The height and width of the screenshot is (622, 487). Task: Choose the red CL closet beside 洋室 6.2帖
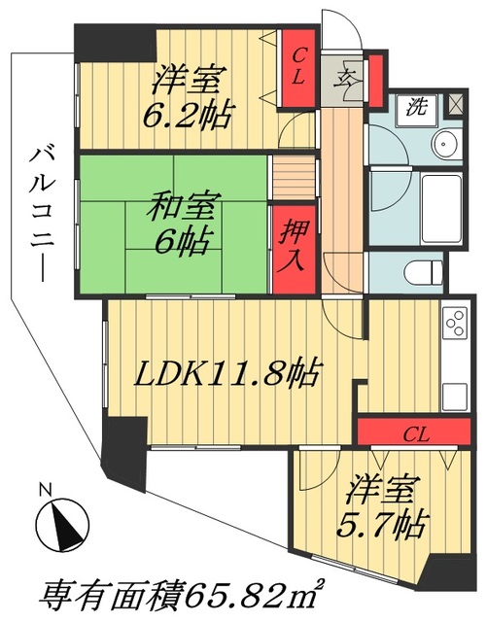(300, 67)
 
